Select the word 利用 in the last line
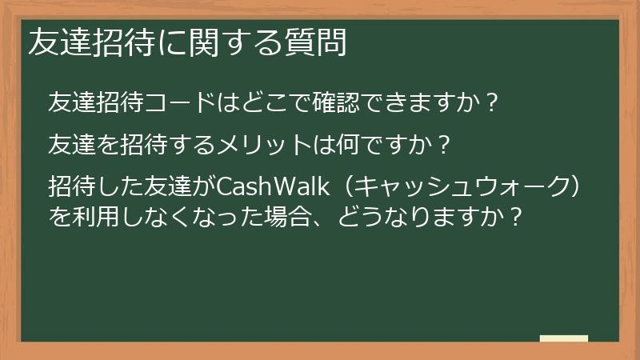(95, 216)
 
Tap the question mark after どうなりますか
(515, 216)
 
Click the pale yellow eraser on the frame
(563, 338)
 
